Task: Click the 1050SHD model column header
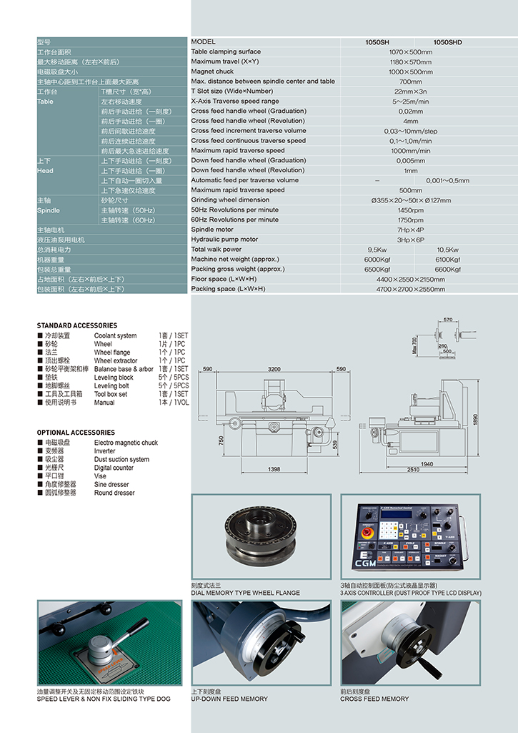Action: point(447,42)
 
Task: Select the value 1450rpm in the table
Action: point(410,210)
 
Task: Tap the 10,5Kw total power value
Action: point(447,250)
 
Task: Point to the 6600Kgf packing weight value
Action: point(447,270)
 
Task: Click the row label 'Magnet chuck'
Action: point(212,72)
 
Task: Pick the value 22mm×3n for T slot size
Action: point(410,92)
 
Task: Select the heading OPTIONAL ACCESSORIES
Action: point(76,433)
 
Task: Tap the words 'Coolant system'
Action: point(115,335)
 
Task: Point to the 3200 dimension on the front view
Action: point(274,370)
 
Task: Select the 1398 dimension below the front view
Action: point(274,469)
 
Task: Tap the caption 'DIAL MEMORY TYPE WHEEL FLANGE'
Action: point(246,593)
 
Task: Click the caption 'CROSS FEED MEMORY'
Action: point(375,699)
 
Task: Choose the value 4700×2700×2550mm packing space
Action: point(410,290)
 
